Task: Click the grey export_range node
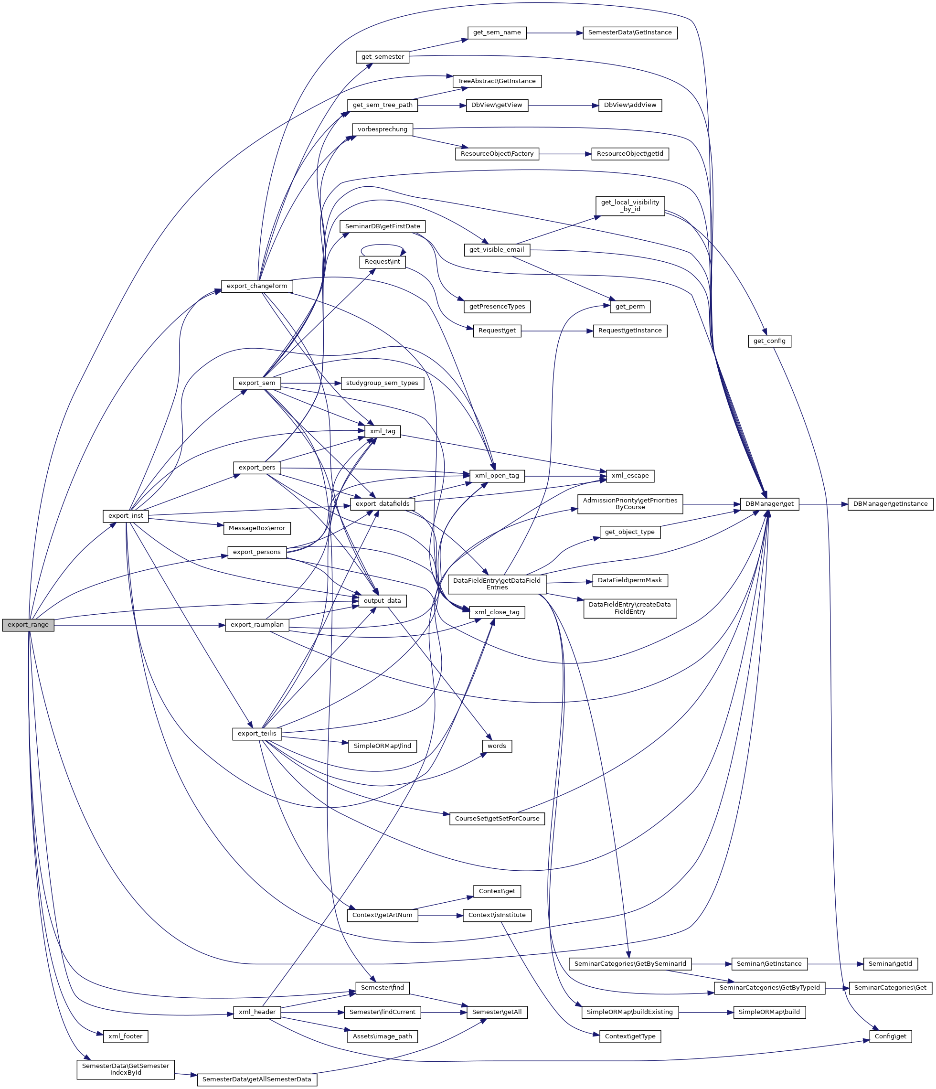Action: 28,625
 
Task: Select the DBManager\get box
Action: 769,504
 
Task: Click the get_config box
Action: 769,341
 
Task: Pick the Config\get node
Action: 890,1036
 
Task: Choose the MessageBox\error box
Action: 256,528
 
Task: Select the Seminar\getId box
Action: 890,964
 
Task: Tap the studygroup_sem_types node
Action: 382,383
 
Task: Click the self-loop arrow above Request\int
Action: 383,246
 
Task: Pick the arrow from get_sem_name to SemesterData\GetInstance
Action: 554,33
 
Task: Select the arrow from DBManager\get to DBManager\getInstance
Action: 823,504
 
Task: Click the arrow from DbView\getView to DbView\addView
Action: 563,106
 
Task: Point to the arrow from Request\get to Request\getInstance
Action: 557,331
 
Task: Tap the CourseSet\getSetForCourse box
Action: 497,818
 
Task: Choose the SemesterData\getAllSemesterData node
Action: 256,1079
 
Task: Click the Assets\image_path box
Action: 382,1036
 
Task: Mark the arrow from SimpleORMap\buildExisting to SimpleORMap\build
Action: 706,1012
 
